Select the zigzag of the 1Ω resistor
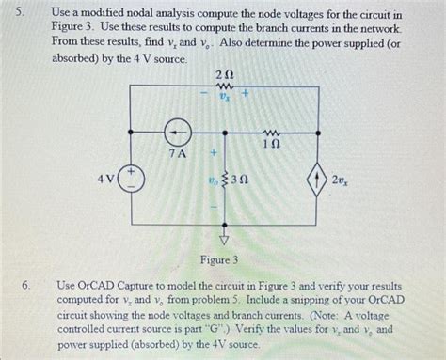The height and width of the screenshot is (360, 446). click(273, 131)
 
